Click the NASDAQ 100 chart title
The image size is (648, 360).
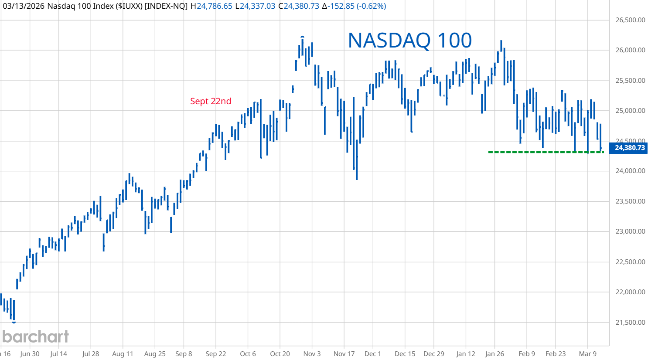409,41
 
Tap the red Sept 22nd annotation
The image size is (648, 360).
211,101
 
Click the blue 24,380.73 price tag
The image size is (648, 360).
629,148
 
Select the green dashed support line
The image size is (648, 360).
545,152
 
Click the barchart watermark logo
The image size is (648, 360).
35,336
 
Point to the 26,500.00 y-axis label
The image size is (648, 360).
630,20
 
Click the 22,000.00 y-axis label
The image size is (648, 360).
630,292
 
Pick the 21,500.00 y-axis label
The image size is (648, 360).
630,323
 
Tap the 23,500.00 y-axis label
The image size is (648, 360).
630,201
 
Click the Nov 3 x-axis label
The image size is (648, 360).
312,353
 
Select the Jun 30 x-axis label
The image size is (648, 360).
30,353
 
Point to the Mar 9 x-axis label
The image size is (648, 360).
587,353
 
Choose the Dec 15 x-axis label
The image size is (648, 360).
405,353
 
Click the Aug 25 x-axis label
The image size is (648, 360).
155,353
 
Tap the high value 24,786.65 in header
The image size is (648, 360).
214,6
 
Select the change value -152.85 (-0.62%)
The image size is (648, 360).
357,6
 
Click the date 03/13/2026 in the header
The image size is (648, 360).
24,6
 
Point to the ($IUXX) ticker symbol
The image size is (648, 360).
129,6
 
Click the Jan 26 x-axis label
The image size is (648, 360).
495,353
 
